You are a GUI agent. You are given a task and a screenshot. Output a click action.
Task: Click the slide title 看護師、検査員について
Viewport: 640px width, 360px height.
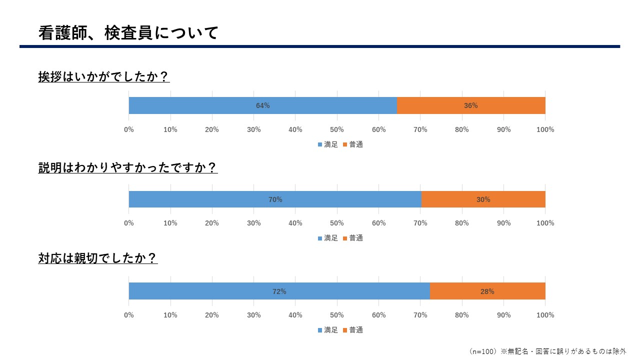[x=128, y=33]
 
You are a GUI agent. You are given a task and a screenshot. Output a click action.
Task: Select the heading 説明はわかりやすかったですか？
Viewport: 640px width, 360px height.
[x=128, y=167]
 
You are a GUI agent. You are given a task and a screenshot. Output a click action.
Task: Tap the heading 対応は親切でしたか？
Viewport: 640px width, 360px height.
[x=98, y=258]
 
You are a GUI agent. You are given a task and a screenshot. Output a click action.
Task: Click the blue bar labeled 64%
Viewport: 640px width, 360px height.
[x=262, y=105]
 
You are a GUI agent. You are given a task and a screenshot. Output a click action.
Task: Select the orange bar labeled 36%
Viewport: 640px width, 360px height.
[x=470, y=105]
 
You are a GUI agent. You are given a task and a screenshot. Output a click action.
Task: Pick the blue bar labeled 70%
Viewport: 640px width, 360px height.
[x=275, y=199]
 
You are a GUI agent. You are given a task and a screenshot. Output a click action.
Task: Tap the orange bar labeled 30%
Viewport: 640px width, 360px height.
[x=483, y=199]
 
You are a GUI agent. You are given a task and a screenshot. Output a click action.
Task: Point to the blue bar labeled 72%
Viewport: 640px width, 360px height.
[x=279, y=291]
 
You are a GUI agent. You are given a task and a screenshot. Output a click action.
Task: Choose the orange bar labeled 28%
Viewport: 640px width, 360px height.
[x=487, y=291]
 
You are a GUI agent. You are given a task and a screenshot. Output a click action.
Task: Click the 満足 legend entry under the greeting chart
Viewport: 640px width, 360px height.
[x=328, y=144]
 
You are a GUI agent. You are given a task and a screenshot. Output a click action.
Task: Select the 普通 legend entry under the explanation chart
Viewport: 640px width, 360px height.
[x=353, y=238]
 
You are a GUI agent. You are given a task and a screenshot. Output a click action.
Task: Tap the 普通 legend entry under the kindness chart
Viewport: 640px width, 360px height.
[x=353, y=330]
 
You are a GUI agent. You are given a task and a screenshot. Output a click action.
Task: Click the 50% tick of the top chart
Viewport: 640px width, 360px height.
[x=337, y=130]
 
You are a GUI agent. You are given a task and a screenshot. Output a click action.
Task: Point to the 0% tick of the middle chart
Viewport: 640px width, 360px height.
[x=129, y=223]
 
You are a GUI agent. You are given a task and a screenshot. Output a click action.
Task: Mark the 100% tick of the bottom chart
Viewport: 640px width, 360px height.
[x=545, y=315]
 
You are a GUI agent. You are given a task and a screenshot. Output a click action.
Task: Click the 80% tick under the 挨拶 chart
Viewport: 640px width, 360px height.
[x=462, y=130]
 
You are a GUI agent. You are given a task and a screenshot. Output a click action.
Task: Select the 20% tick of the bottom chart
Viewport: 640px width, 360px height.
[x=212, y=315]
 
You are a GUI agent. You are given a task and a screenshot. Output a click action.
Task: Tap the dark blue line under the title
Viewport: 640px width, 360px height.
[x=320, y=46]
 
